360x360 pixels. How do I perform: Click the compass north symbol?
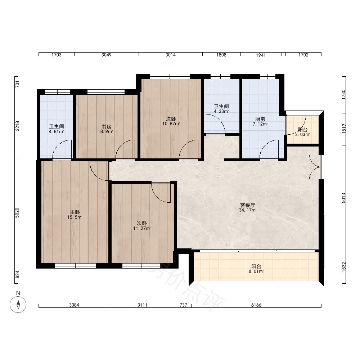point(18,305)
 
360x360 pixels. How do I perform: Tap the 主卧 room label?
point(75,212)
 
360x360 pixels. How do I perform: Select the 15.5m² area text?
point(75,217)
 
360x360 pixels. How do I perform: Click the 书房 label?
point(107,127)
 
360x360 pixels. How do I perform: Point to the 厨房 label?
point(260,119)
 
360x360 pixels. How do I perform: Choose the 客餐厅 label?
point(248,205)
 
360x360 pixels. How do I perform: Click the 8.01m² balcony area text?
point(256,271)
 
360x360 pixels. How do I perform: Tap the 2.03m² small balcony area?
point(303,135)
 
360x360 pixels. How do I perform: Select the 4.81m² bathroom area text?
point(56,131)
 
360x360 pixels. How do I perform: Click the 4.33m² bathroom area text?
point(221,111)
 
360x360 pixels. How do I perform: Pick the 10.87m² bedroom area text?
point(171,124)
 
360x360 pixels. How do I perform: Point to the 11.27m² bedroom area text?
point(142,229)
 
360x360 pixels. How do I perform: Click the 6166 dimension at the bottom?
point(256,305)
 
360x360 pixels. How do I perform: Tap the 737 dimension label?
point(184,305)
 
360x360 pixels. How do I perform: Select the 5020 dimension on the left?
point(17,213)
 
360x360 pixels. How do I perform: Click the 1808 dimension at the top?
point(221,55)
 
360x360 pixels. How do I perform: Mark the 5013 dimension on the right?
point(344,198)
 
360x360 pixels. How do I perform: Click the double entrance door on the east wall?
point(315,167)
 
